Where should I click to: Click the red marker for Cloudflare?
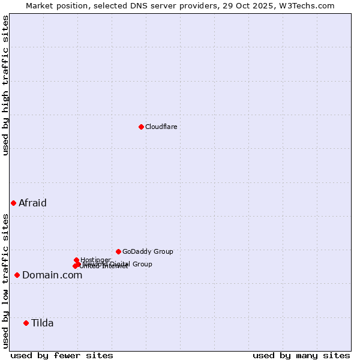(141, 127)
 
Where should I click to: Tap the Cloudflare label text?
(161, 127)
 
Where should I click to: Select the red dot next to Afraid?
(13, 203)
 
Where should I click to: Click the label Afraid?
(32, 203)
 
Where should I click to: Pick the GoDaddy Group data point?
(118, 251)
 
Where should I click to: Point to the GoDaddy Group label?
(148, 251)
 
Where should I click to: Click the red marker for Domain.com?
(17, 275)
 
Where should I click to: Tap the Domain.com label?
(52, 275)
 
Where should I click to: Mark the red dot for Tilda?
(26, 323)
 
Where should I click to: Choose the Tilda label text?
(43, 323)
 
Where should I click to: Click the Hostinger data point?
(76, 260)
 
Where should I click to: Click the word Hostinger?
(95, 260)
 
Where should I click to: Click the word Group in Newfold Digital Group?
(142, 264)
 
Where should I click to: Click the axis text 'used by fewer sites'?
(62, 355)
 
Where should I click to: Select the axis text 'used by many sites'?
(301, 355)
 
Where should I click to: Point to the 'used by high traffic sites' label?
(5, 85)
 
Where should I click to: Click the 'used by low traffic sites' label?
(5, 280)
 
